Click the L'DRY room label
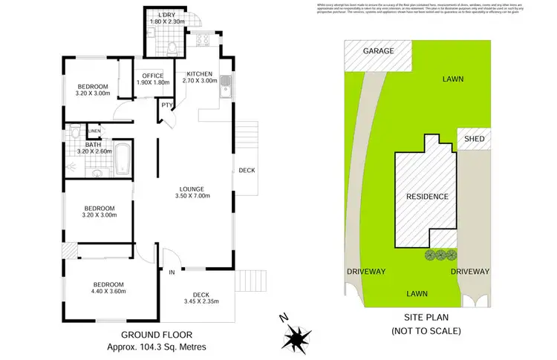pyautogui.click(x=166, y=15)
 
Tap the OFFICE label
pyautogui.click(x=153, y=75)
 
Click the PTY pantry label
pyautogui.click(x=167, y=105)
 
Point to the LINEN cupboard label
pyautogui.click(x=94, y=131)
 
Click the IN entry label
pyautogui.click(x=172, y=272)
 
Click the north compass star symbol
pyautogui.click(x=297, y=338)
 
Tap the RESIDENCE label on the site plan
pyautogui.click(x=427, y=197)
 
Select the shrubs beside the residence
pyautogui.click(x=440, y=255)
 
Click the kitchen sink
pyautogui.click(x=229, y=90)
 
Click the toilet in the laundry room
pyautogui.click(x=171, y=50)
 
